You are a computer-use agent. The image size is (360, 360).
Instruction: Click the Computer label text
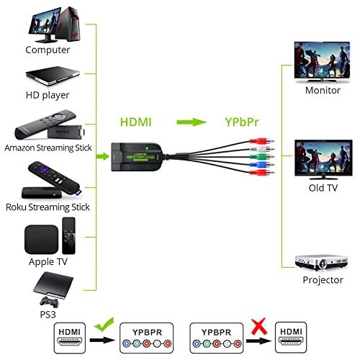(x=48, y=50)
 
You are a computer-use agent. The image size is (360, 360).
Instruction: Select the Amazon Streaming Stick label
(x=48, y=148)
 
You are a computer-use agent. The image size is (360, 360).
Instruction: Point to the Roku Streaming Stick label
(x=48, y=207)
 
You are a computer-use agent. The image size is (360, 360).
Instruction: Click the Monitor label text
(x=323, y=91)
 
